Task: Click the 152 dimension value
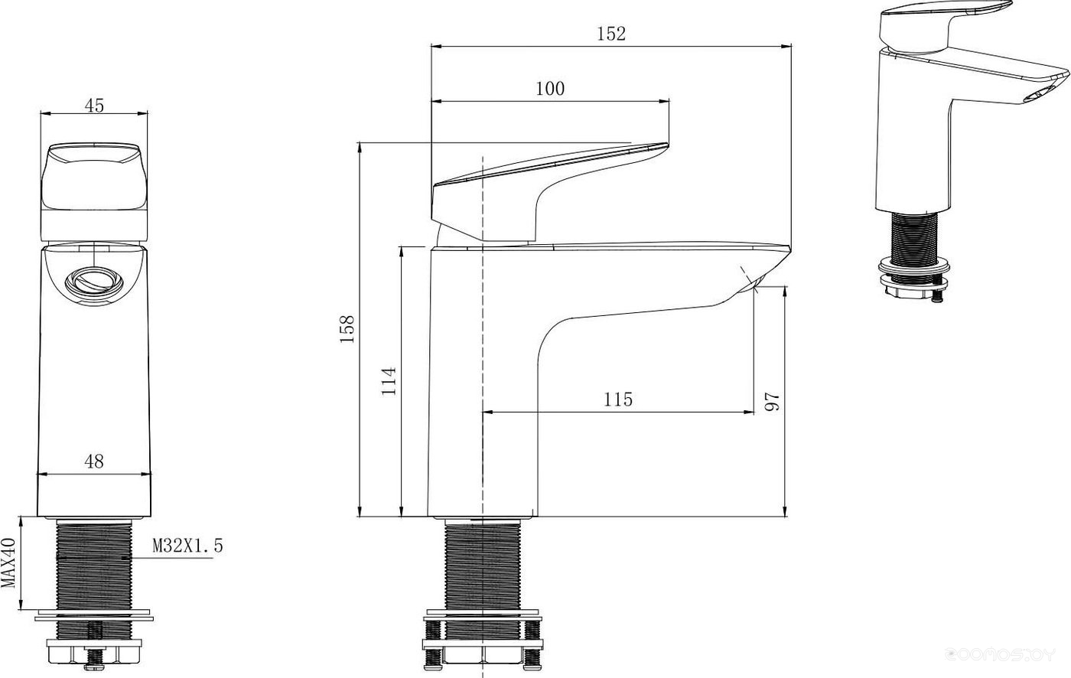(x=611, y=34)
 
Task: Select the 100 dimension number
(x=550, y=89)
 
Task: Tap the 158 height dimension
(x=347, y=328)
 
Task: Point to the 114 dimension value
(x=389, y=380)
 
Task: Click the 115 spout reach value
(x=618, y=399)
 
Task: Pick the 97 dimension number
(x=772, y=402)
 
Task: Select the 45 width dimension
(x=94, y=106)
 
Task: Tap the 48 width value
(x=93, y=461)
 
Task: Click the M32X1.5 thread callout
(x=188, y=546)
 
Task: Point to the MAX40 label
(x=8, y=562)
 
